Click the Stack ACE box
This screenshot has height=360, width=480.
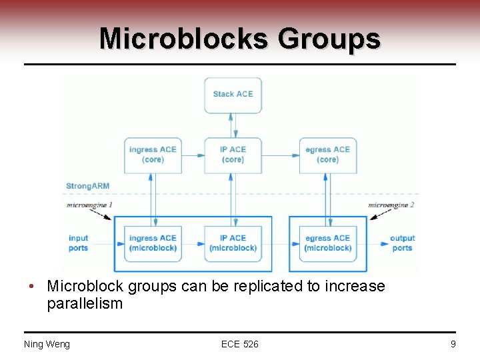[x=233, y=95]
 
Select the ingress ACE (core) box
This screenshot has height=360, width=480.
[x=153, y=155]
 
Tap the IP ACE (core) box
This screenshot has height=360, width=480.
[x=233, y=155]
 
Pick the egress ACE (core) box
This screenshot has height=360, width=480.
[x=327, y=155]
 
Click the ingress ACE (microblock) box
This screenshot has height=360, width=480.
[x=153, y=243]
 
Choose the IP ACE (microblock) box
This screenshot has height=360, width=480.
[x=233, y=243]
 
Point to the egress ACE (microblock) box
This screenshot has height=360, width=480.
[x=327, y=243]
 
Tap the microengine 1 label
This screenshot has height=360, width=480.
[x=89, y=205]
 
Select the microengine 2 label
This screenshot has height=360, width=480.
[x=391, y=205]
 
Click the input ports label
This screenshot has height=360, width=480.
[x=78, y=243]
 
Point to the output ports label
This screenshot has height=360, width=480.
[x=402, y=243]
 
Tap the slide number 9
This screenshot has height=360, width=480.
[x=453, y=344]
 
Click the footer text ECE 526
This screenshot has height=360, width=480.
[x=240, y=344]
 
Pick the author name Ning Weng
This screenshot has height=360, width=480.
[x=47, y=344]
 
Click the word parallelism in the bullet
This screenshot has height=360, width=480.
[x=85, y=304]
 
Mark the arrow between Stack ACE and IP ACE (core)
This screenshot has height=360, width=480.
[x=233, y=125]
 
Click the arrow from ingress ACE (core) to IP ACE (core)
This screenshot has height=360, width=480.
[x=193, y=155]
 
